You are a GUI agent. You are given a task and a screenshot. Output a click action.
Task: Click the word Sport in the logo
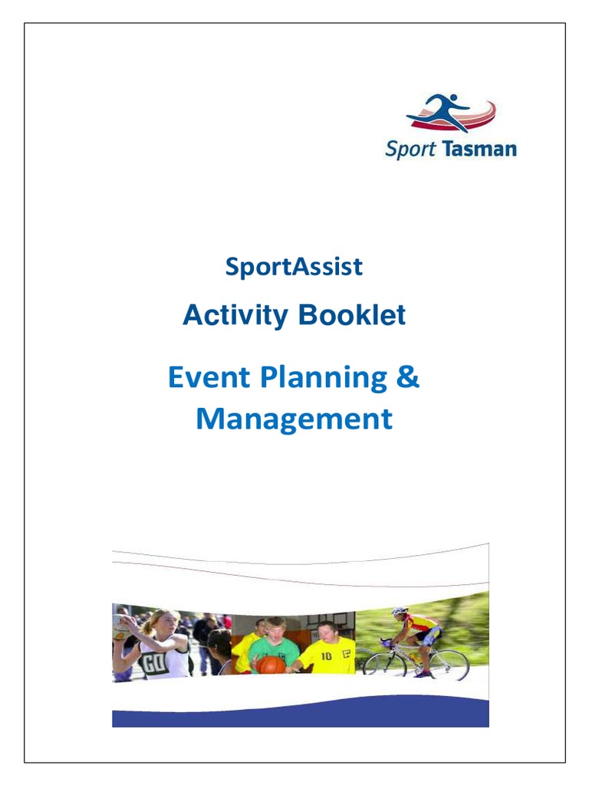[410, 149]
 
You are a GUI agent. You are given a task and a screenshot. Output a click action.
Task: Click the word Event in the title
[209, 377]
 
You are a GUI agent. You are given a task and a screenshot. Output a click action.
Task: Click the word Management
[294, 419]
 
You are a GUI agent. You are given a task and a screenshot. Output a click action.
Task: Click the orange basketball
[270, 664]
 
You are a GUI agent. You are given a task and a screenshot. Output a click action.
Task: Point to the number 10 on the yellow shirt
[327, 656]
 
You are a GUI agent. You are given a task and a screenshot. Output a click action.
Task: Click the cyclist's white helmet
[400, 612]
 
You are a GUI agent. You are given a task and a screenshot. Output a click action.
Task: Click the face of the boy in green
[275, 630]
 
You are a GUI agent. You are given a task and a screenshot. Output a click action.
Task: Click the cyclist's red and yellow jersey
[420, 626]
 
